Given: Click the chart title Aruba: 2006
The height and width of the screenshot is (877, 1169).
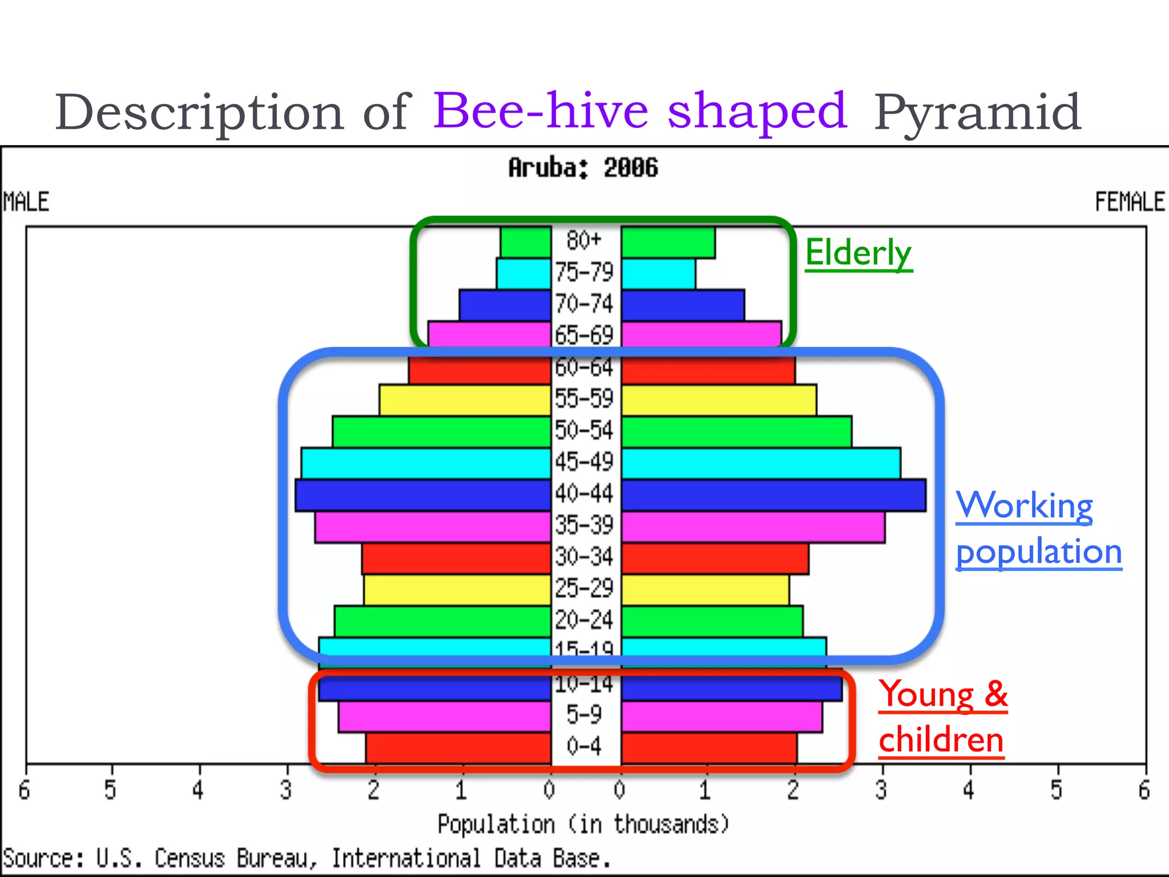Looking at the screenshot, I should (583, 168).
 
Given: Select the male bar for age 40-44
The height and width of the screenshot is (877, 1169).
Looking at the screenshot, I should (422, 495).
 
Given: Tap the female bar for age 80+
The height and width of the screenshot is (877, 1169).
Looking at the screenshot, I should (668, 243).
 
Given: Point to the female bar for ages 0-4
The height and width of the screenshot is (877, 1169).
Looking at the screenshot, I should (709, 748).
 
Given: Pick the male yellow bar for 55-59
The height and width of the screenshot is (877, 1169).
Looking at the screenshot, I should (465, 400).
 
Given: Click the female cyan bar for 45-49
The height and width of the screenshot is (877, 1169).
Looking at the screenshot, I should (761, 463).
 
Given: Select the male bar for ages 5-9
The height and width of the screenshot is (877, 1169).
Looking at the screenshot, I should (444, 717).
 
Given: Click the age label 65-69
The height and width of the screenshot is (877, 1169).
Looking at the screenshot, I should (584, 335).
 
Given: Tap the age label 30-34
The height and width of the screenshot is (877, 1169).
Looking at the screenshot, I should (584, 557).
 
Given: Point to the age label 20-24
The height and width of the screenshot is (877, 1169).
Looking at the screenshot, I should (584, 620).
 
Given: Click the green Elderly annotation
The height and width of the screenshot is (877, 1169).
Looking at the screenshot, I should (858, 252).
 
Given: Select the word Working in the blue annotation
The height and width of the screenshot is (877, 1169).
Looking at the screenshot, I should (1024, 505).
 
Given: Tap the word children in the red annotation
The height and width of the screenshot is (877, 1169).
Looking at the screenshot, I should (941, 740).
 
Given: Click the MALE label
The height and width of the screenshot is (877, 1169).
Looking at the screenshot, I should (26, 202).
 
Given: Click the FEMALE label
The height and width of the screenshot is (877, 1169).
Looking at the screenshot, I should (1129, 202).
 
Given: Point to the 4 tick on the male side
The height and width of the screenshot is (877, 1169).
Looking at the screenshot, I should (198, 790).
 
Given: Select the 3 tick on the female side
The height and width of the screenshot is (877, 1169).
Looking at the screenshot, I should (881, 790).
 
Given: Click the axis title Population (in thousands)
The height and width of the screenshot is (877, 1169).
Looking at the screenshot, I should (583, 824).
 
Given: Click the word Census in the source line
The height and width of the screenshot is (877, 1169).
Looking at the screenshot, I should (190, 859).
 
